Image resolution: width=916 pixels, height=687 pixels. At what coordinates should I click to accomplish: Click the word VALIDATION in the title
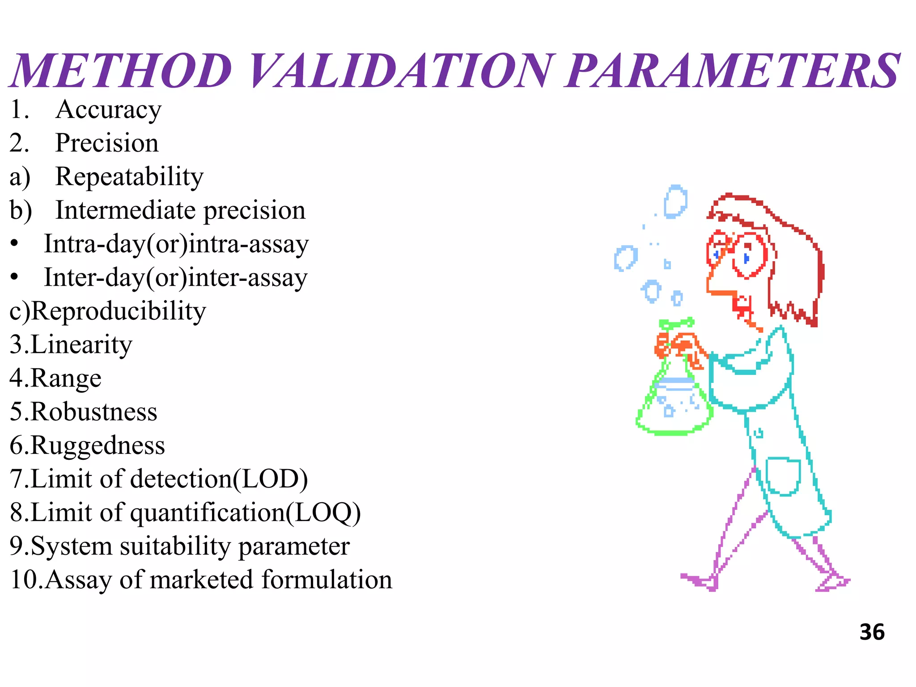pyautogui.click(x=400, y=71)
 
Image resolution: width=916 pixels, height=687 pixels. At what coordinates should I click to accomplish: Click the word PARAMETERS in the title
pyautogui.click(x=732, y=71)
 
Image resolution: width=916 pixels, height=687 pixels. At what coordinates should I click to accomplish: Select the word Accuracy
pyautogui.click(x=108, y=110)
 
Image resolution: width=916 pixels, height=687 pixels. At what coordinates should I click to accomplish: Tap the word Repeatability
pyautogui.click(x=129, y=177)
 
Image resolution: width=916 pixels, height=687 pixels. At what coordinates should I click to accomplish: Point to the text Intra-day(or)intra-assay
pyautogui.click(x=176, y=245)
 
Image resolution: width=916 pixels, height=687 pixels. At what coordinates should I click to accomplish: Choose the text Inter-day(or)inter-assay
pyautogui.click(x=176, y=278)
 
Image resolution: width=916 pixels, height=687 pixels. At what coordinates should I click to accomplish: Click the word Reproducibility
pyautogui.click(x=119, y=312)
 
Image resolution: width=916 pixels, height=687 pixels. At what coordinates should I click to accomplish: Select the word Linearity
pyautogui.click(x=81, y=345)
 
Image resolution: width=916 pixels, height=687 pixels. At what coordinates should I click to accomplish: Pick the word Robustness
pyautogui.click(x=94, y=412)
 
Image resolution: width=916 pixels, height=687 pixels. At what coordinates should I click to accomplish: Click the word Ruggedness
pyautogui.click(x=98, y=446)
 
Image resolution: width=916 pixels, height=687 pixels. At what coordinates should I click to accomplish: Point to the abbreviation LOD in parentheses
pyautogui.click(x=271, y=479)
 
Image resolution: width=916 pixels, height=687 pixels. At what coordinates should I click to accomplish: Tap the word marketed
pyautogui.click(x=202, y=580)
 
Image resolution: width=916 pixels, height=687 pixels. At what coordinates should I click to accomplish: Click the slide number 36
pyautogui.click(x=872, y=632)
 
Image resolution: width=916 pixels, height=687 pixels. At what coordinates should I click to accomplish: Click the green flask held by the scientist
pyautogui.click(x=674, y=403)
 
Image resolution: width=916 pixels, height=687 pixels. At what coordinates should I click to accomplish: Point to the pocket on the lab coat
pyautogui.click(x=783, y=476)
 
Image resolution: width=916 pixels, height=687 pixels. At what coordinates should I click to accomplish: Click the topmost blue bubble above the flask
pyautogui.click(x=675, y=202)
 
